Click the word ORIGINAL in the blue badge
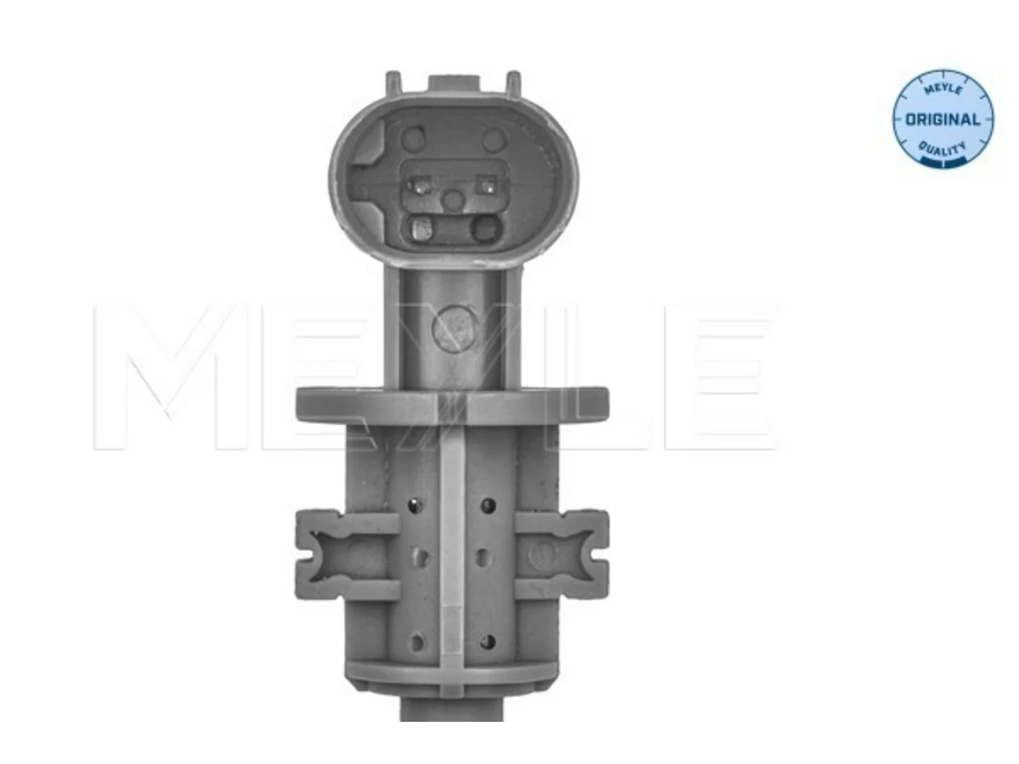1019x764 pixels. [x=943, y=119]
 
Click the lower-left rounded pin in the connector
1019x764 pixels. [x=420, y=228]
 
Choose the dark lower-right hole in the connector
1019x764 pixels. [x=486, y=228]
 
